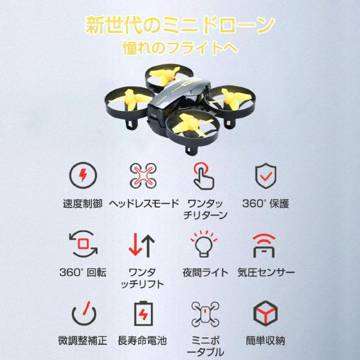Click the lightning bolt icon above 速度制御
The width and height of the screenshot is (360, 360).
pos(83,175)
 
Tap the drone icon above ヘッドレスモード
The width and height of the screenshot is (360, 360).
pos(143,175)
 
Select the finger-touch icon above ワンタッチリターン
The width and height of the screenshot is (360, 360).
pos(204,176)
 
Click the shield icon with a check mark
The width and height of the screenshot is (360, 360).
pos(265,175)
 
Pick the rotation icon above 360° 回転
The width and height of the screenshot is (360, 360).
pos(83,244)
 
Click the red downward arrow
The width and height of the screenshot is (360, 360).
pos(135,244)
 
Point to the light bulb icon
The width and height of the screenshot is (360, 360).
pos(204,244)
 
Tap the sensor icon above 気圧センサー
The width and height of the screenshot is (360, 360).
pos(264,246)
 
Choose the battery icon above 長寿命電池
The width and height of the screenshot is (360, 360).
pos(143,313)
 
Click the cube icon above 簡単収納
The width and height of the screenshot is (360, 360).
pos(265,313)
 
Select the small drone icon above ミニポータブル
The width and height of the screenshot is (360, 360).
pos(205,314)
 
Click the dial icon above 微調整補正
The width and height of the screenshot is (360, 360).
pos(84,313)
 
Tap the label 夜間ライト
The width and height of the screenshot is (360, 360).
pos(205,272)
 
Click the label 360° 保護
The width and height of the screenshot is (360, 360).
pos(265,204)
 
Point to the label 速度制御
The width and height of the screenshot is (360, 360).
pos(83,204)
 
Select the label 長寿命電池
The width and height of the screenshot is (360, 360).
pos(142,340)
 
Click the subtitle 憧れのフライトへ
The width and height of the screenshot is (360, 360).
pos(181,48)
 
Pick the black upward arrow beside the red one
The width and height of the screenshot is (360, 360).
pos(148,246)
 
